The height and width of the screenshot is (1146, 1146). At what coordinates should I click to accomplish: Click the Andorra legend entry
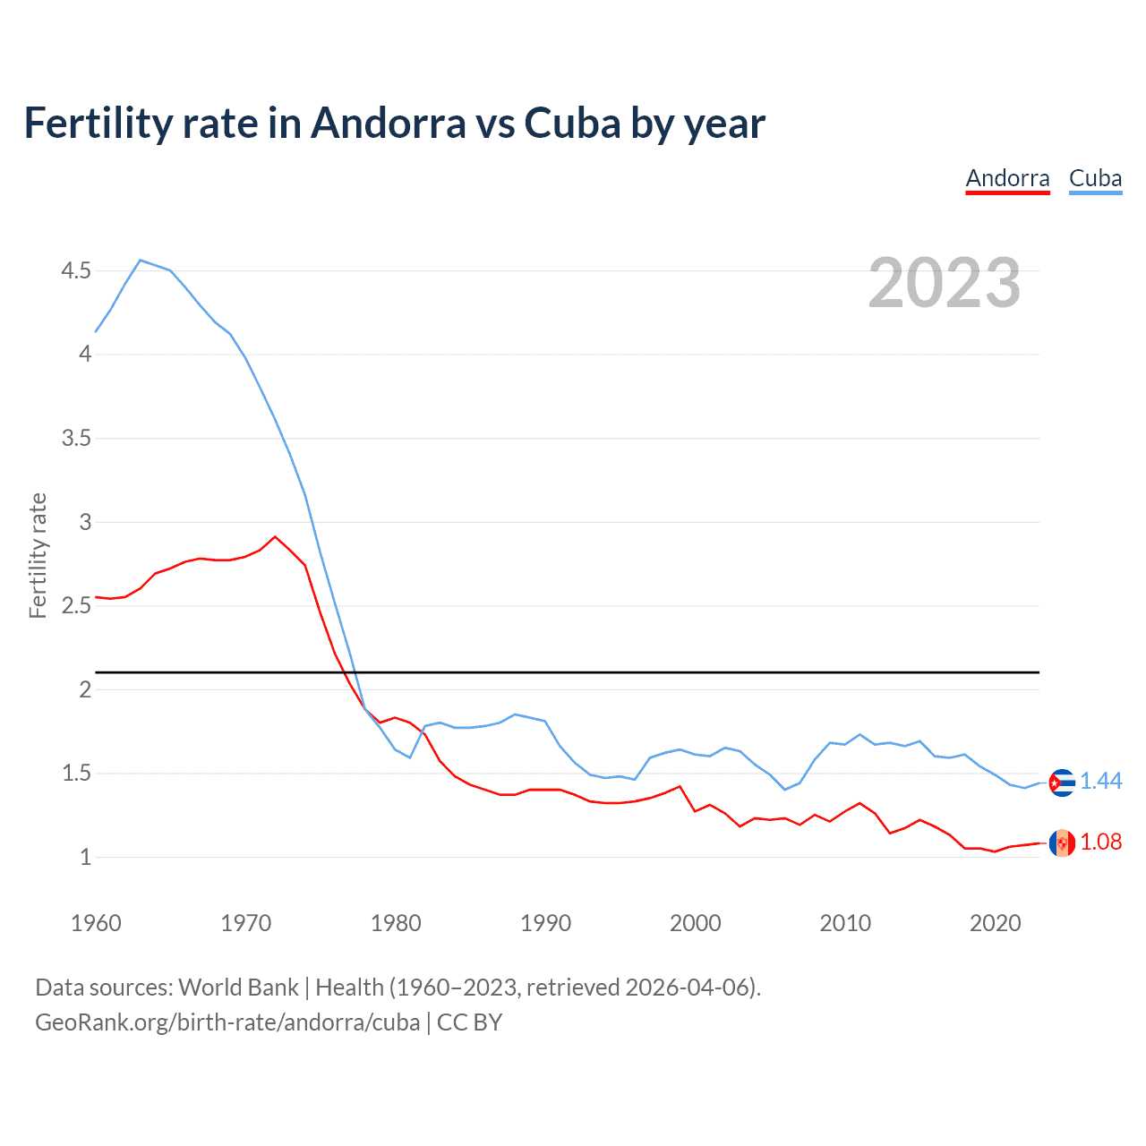pyautogui.click(x=1007, y=178)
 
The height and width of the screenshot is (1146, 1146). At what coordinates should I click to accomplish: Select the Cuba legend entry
pyautogui.click(x=1095, y=178)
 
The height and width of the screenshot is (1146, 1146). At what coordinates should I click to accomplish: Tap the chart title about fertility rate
pyautogui.click(x=394, y=123)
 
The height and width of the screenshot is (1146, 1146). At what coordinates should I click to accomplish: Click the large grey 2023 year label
pyautogui.click(x=945, y=283)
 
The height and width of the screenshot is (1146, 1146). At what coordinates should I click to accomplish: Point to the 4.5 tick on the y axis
pyautogui.click(x=76, y=270)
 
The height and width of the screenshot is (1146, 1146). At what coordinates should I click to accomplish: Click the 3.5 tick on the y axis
pyautogui.click(x=76, y=438)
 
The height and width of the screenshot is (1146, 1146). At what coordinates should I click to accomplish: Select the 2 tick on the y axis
pyautogui.click(x=86, y=689)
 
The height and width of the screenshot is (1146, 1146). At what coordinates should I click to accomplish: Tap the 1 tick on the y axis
pyautogui.click(x=86, y=857)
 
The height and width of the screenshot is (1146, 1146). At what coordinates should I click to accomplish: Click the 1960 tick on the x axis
pyautogui.click(x=96, y=923)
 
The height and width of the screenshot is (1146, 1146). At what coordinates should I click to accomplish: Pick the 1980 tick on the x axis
pyautogui.click(x=396, y=923)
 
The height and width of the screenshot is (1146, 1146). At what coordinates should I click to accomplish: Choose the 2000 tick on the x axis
pyautogui.click(x=696, y=923)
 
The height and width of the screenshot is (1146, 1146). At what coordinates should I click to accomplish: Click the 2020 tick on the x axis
pyautogui.click(x=995, y=923)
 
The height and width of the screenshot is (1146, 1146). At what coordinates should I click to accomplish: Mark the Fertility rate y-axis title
pyautogui.click(x=38, y=555)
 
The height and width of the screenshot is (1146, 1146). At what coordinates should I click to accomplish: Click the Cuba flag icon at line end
pyautogui.click(x=1062, y=783)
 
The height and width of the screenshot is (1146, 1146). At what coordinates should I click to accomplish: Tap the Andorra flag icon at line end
pyautogui.click(x=1062, y=842)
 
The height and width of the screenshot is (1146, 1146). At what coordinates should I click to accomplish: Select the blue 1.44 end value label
pyautogui.click(x=1100, y=782)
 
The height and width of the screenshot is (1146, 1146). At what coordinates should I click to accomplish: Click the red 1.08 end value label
pyautogui.click(x=1100, y=842)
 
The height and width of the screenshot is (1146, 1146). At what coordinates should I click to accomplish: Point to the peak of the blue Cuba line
pyautogui.click(x=141, y=260)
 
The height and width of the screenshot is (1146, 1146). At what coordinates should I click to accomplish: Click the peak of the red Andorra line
pyautogui.click(x=275, y=536)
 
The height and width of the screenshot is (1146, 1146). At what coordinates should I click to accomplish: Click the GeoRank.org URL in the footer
pyautogui.click(x=227, y=1022)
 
